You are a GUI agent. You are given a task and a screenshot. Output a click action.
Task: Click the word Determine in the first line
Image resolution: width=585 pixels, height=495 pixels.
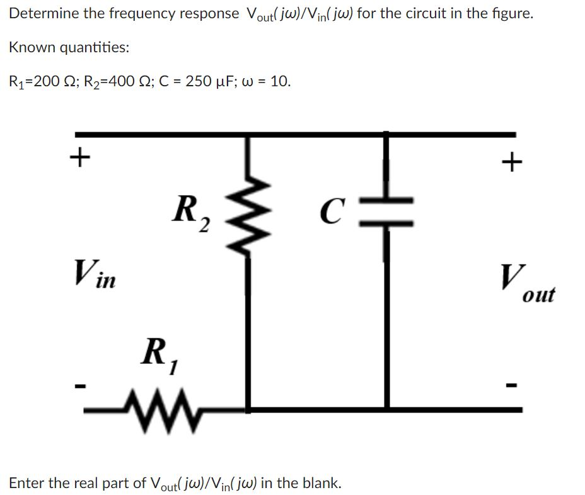click(x=40, y=13)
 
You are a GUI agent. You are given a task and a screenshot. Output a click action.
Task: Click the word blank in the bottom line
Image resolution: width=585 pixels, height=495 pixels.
click(x=321, y=483)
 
